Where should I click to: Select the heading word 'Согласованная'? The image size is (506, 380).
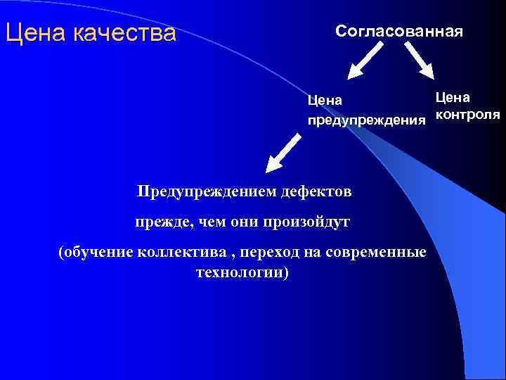click(398, 32)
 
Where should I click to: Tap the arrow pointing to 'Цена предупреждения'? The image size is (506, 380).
click(365, 60)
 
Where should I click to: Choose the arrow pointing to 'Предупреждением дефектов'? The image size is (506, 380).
click(285, 154)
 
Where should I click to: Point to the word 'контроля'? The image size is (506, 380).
click(467, 114)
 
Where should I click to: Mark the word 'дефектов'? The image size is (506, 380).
click(317, 191)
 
